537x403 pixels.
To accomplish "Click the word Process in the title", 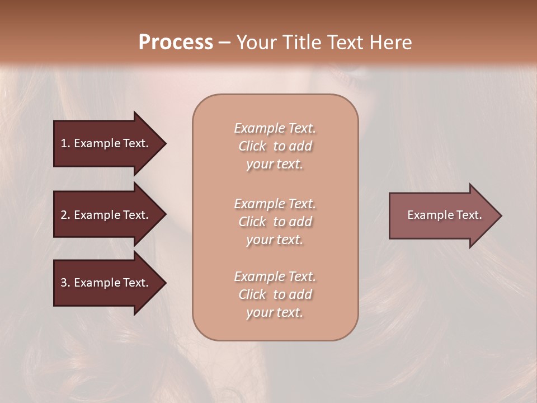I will point(176,43).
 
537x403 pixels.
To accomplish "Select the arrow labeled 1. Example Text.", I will point(106,143).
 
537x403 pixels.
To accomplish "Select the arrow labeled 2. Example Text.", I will point(106,215).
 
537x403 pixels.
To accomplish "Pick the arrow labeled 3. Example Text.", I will point(106,283).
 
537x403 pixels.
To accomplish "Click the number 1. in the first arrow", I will point(65,143).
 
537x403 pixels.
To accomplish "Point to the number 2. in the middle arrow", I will point(65,215).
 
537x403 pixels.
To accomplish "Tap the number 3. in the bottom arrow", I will point(65,283).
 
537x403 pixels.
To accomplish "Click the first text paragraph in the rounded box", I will point(275,146).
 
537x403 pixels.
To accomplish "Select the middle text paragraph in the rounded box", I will point(275,221).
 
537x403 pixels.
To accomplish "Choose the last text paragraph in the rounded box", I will point(275,294).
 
